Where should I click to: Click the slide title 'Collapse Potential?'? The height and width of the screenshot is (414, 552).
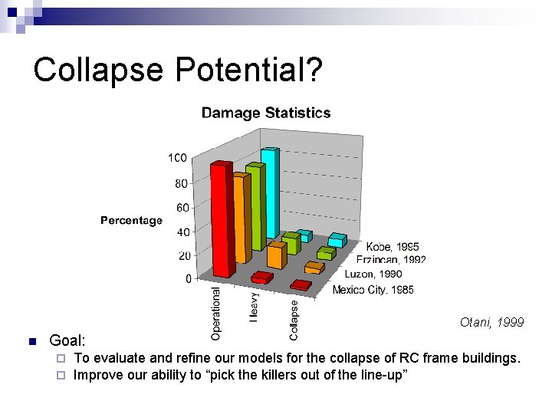pos(178,70)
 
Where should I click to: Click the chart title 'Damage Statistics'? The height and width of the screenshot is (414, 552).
pos(266,113)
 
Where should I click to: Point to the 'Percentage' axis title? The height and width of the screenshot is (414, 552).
pos(131,221)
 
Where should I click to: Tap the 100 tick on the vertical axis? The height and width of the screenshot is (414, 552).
pos(176,158)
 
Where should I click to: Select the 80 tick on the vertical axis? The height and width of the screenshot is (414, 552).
pos(181,184)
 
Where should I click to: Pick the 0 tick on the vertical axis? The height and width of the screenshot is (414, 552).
pos(188,279)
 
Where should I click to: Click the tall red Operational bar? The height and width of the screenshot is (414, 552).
pos(222,219)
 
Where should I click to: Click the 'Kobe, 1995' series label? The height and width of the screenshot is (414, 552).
pos(393,248)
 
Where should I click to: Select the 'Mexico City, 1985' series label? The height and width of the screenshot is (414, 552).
pos(373,290)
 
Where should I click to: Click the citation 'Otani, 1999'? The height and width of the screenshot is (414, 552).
pos(491,323)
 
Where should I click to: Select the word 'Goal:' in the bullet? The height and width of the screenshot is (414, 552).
pos(67,340)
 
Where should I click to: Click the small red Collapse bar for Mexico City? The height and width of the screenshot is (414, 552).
pos(301,285)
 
